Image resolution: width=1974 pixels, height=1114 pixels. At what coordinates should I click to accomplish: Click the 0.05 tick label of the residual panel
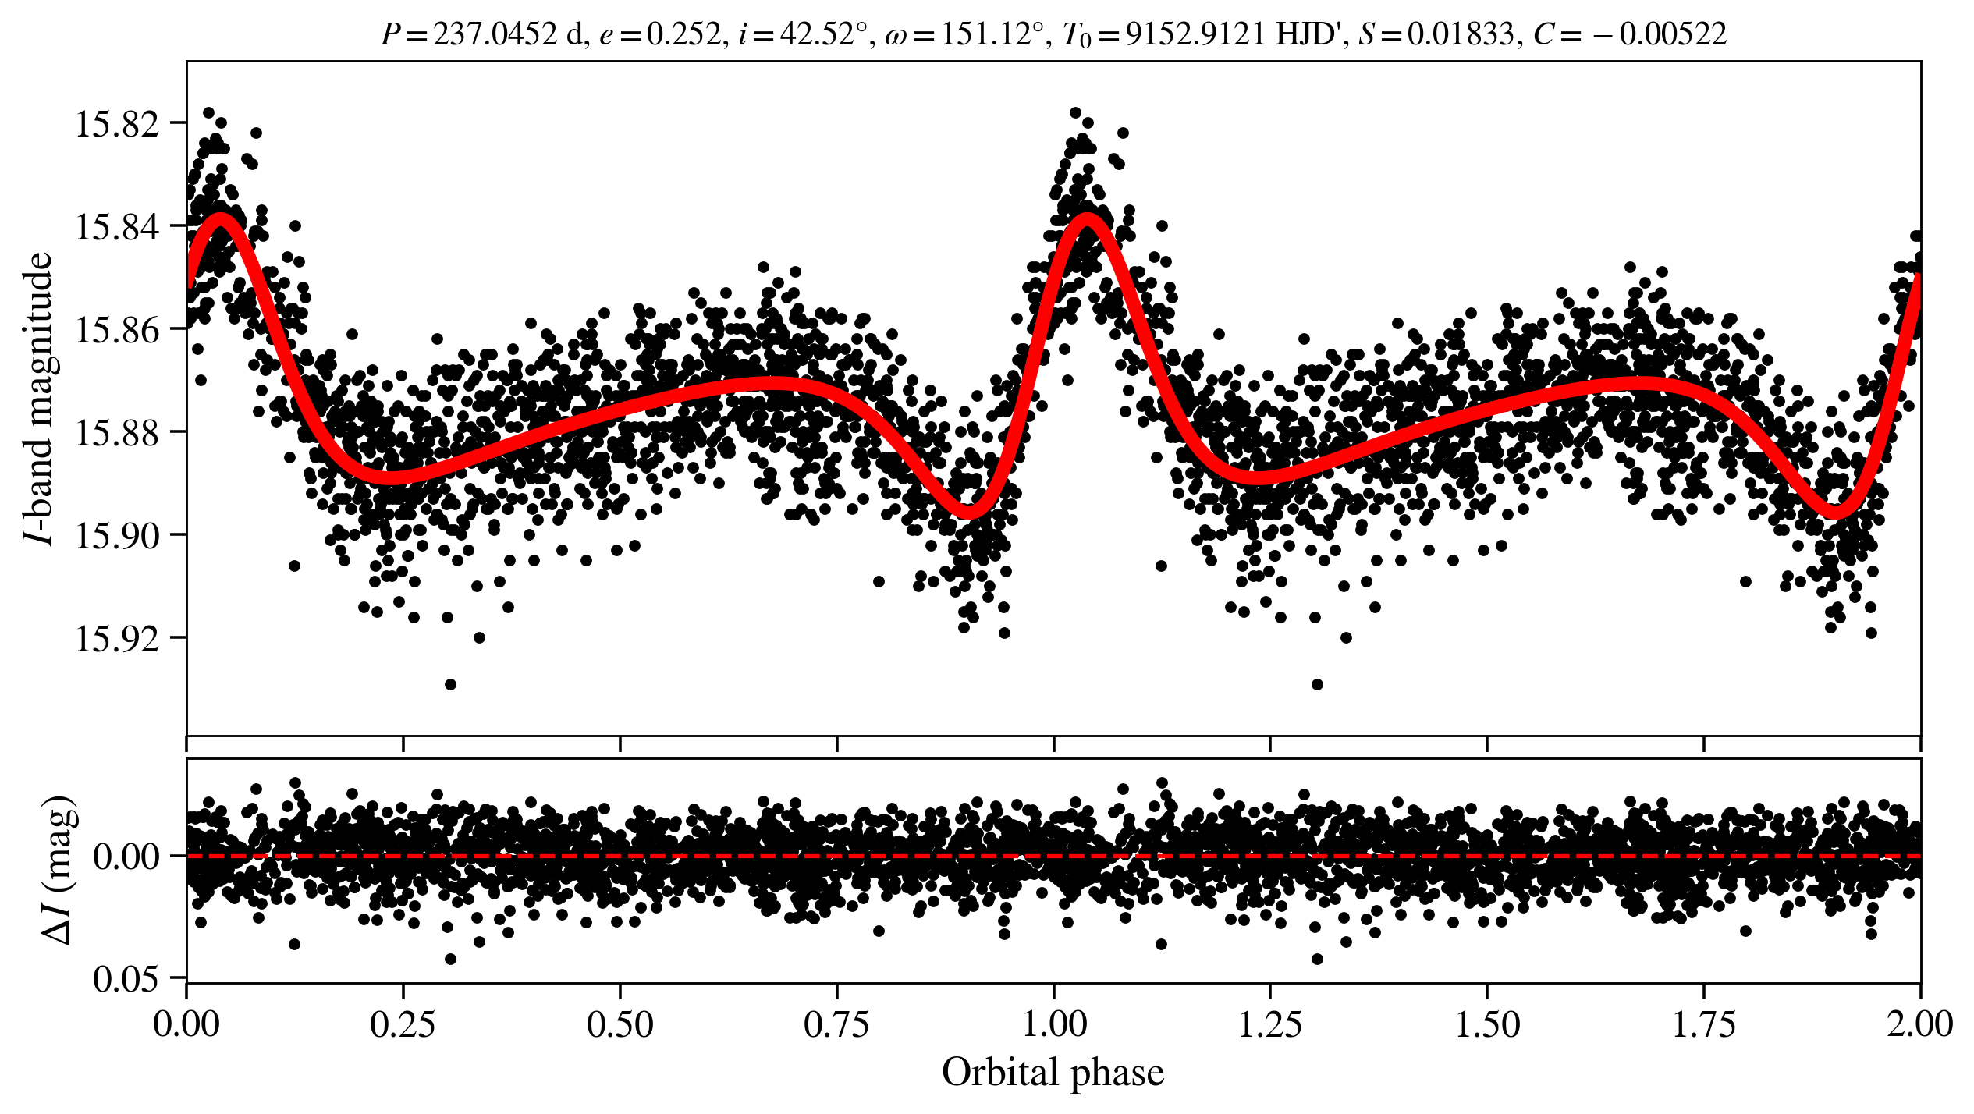[126, 978]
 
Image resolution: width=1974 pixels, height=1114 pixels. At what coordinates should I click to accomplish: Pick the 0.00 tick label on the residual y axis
[126, 857]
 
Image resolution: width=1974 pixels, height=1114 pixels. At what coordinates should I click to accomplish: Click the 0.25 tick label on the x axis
[403, 1024]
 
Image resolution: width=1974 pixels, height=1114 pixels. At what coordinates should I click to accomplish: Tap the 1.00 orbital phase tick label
[1054, 1024]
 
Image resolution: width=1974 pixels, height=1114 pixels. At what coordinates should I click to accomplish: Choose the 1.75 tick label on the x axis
[1704, 1024]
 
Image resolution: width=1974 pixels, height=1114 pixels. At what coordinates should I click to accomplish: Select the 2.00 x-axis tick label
[1919, 1024]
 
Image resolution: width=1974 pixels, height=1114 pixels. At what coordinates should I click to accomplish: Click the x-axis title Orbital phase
[1053, 1073]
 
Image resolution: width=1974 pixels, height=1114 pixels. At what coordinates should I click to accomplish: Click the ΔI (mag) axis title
[59, 870]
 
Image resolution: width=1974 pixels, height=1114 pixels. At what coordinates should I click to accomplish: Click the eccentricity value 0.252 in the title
[683, 34]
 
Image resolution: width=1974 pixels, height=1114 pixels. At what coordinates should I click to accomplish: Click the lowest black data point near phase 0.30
[450, 685]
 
